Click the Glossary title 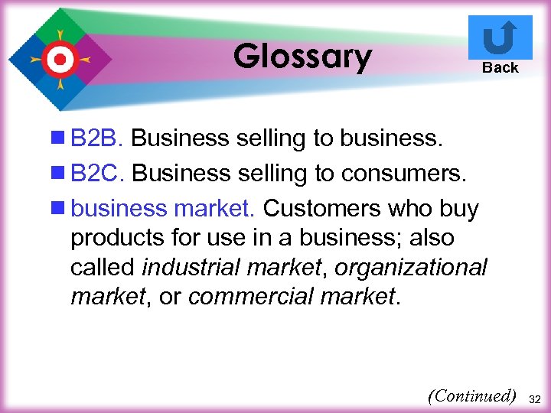click(x=302, y=56)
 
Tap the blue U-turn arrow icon click(x=500, y=37)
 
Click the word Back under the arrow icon click(x=500, y=68)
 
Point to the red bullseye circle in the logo click(x=59, y=58)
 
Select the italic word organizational click(x=411, y=268)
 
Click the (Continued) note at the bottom click(x=472, y=396)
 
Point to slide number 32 click(x=535, y=398)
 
